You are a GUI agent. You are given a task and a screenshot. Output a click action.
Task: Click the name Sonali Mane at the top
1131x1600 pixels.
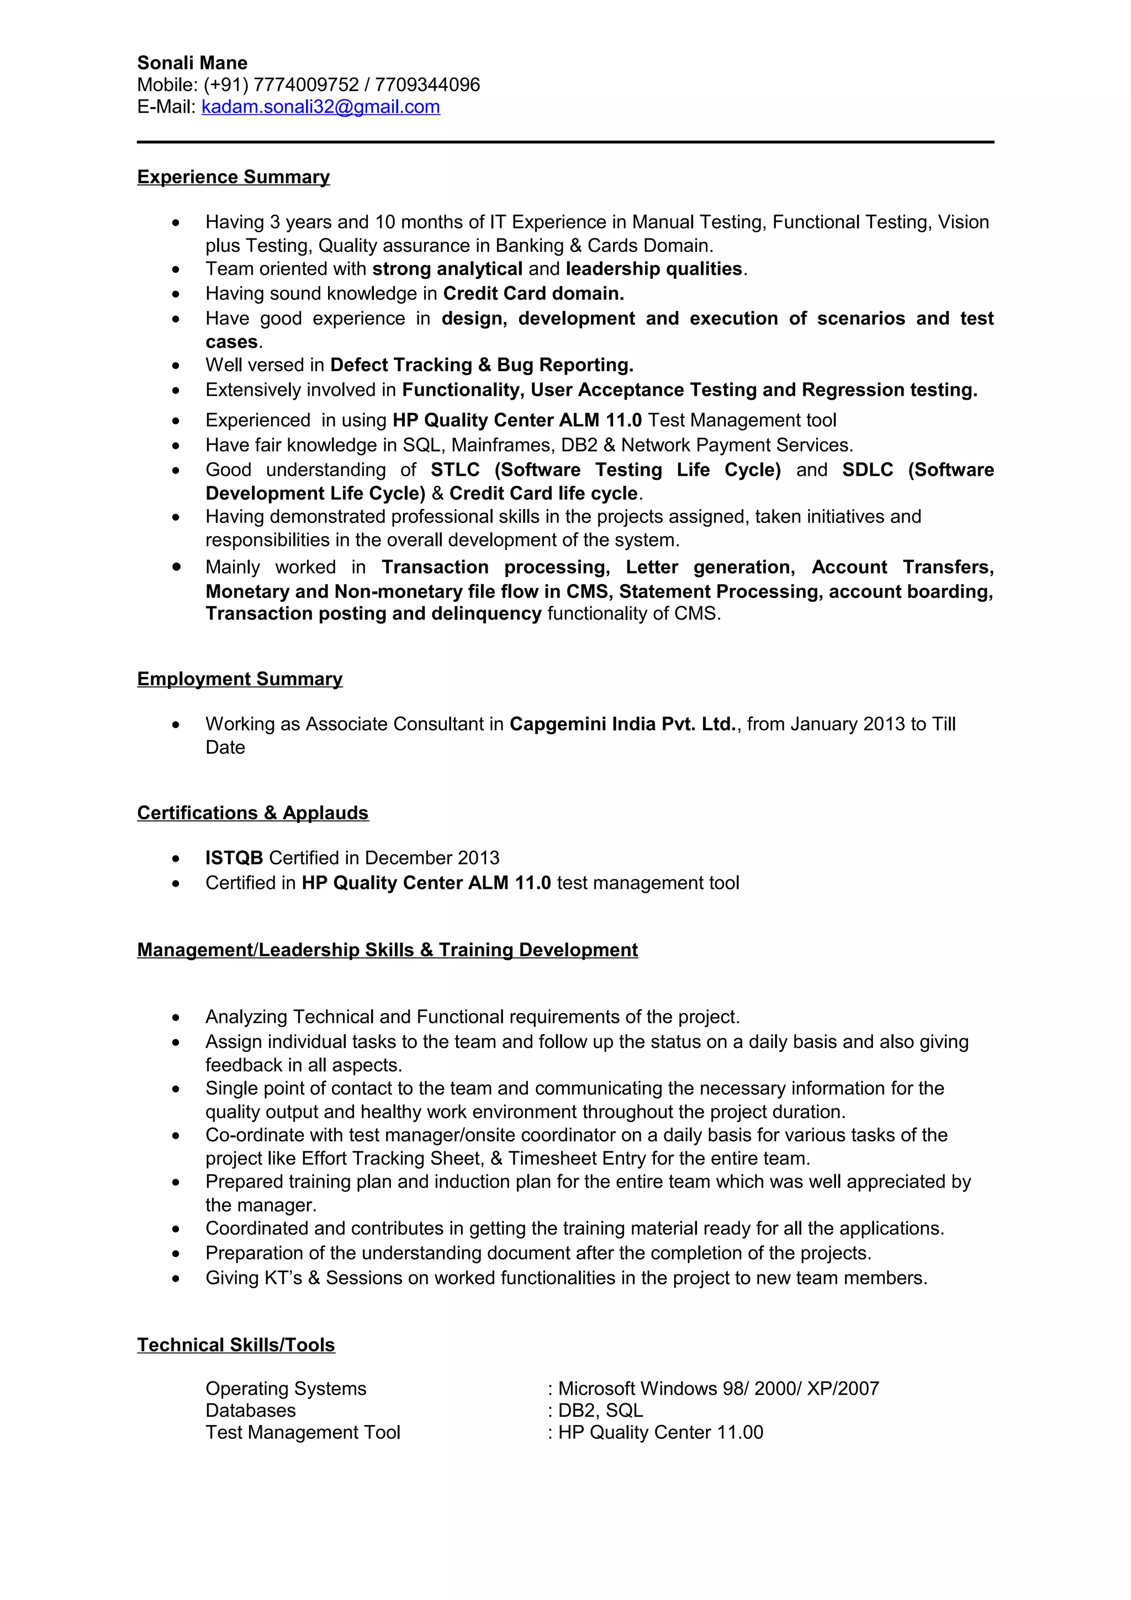192,63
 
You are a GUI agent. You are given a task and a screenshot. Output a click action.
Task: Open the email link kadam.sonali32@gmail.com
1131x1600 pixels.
320,107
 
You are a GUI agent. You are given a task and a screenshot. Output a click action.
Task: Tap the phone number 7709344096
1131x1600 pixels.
427,85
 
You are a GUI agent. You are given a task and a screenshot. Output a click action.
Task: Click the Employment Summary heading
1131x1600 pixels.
240,679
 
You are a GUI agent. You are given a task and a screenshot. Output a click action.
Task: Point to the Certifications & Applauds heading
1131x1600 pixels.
252,813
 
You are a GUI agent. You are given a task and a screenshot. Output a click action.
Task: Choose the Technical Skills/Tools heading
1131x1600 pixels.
236,1345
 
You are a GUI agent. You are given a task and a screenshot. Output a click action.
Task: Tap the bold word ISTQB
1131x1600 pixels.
234,858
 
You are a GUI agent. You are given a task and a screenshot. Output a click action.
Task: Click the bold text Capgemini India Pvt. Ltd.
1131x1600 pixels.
623,724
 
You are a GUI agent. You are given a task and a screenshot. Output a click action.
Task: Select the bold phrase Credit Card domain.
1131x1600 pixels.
533,293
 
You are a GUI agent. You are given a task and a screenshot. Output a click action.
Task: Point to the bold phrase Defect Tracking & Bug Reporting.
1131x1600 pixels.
482,365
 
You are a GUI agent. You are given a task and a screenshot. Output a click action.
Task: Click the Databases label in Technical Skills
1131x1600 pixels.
250,1411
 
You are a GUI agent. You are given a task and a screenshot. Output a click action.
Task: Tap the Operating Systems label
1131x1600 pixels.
286,1389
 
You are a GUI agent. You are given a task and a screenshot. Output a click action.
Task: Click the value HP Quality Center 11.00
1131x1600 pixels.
660,1432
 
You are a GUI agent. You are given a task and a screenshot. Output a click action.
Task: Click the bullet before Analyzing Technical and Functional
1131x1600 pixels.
176,1018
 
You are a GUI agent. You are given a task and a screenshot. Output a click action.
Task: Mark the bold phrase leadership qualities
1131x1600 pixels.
654,269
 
